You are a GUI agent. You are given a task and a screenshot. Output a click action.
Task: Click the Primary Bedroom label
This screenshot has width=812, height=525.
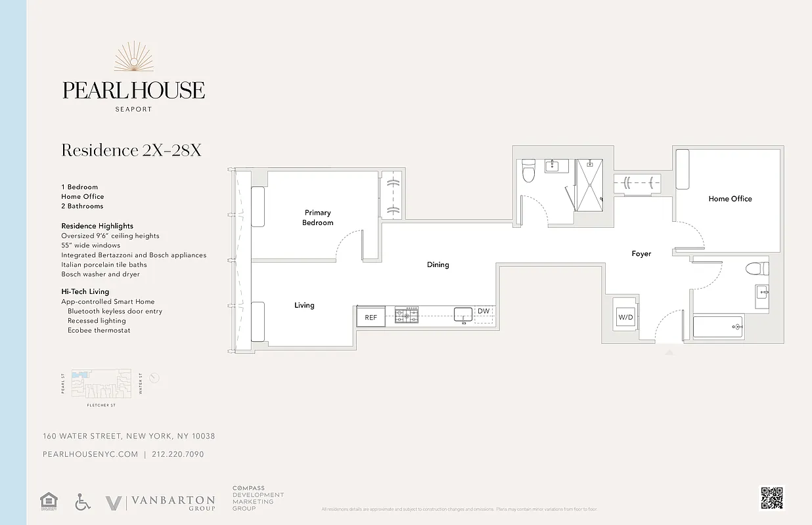(317, 217)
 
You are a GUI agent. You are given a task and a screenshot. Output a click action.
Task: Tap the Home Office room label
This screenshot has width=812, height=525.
(730, 199)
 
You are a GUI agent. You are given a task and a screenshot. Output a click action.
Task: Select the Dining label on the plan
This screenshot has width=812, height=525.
(438, 265)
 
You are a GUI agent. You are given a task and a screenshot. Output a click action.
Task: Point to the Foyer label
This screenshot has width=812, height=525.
(641, 254)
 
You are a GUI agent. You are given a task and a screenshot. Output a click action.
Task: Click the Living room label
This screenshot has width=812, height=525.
(304, 305)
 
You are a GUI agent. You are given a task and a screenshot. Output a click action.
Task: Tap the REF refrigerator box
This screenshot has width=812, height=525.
(371, 317)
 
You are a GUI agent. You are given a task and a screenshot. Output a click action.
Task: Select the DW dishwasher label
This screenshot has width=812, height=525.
(484, 312)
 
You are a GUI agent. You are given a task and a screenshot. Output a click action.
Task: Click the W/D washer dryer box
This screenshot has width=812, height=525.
(625, 318)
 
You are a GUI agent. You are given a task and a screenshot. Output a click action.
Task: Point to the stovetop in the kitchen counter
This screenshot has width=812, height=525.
(407, 316)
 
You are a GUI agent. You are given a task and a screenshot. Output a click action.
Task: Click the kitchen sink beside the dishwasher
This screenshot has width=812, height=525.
(463, 314)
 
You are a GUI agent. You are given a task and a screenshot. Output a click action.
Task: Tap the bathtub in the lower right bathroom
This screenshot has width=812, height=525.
(717, 326)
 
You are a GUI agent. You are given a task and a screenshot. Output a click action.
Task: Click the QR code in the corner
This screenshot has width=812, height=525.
(772, 498)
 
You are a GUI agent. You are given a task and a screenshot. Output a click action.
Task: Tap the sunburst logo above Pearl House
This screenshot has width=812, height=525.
(133, 57)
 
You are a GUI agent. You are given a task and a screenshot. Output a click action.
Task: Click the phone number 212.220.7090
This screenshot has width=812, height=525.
(177, 454)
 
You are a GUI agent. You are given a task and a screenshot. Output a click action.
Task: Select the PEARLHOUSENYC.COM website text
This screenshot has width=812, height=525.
(91, 454)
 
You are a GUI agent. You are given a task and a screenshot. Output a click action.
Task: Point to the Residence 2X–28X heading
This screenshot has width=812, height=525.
(131, 150)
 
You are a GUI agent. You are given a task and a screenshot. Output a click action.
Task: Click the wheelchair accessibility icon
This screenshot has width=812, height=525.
(82, 502)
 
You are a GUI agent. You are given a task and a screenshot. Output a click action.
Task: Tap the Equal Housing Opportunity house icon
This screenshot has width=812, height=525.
(49, 501)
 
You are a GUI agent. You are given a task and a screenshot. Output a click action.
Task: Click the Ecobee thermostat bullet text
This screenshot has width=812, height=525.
(99, 330)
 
